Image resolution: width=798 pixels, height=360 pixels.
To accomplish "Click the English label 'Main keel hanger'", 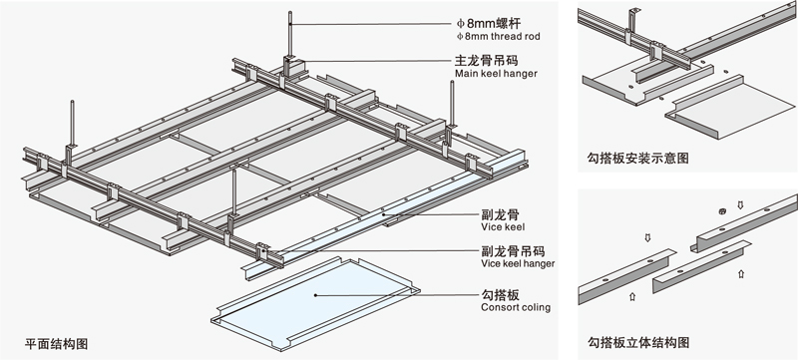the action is [x=496, y=74].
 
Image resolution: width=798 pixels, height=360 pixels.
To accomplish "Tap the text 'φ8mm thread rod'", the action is [x=498, y=37].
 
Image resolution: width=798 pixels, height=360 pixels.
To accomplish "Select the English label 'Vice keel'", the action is [x=503, y=226].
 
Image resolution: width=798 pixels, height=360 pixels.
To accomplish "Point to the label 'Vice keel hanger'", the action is [x=518, y=263].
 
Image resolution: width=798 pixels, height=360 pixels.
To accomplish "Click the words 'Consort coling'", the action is [x=516, y=307].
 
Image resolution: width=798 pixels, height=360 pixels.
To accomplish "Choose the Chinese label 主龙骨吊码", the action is [x=486, y=61].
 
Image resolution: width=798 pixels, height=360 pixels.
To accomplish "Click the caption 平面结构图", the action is [x=56, y=344].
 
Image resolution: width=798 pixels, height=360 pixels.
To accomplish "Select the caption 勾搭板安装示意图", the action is [x=637, y=159].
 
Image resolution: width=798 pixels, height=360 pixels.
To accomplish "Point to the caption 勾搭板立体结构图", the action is [x=638, y=342].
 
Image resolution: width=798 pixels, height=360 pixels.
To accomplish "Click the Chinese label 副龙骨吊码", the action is [x=513, y=250].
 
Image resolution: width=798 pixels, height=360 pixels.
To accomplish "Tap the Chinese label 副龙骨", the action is [x=500, y=214].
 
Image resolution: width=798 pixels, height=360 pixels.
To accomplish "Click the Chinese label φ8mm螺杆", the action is [x=489, y=23].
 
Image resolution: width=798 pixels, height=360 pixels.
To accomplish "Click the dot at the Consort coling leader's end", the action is [x=315, y=295].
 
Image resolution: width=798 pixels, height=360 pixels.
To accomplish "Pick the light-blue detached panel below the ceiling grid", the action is [x=315, y=303].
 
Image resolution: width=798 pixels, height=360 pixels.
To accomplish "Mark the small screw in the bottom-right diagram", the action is [x=721, y=211].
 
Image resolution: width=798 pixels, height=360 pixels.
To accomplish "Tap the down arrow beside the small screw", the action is [x=740, y=205].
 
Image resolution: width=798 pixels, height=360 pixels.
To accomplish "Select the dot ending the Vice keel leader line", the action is [x=385, y=214].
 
